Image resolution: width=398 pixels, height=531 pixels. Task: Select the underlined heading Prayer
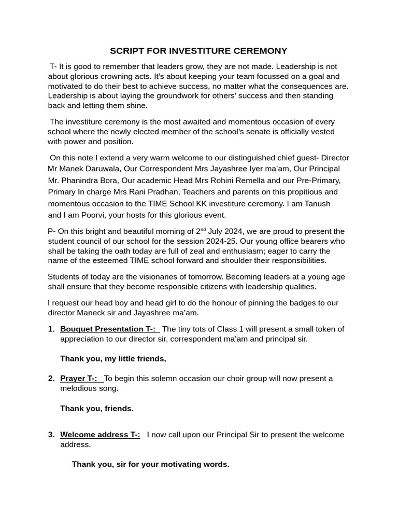73,379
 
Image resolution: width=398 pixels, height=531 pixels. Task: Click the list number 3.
51,435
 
